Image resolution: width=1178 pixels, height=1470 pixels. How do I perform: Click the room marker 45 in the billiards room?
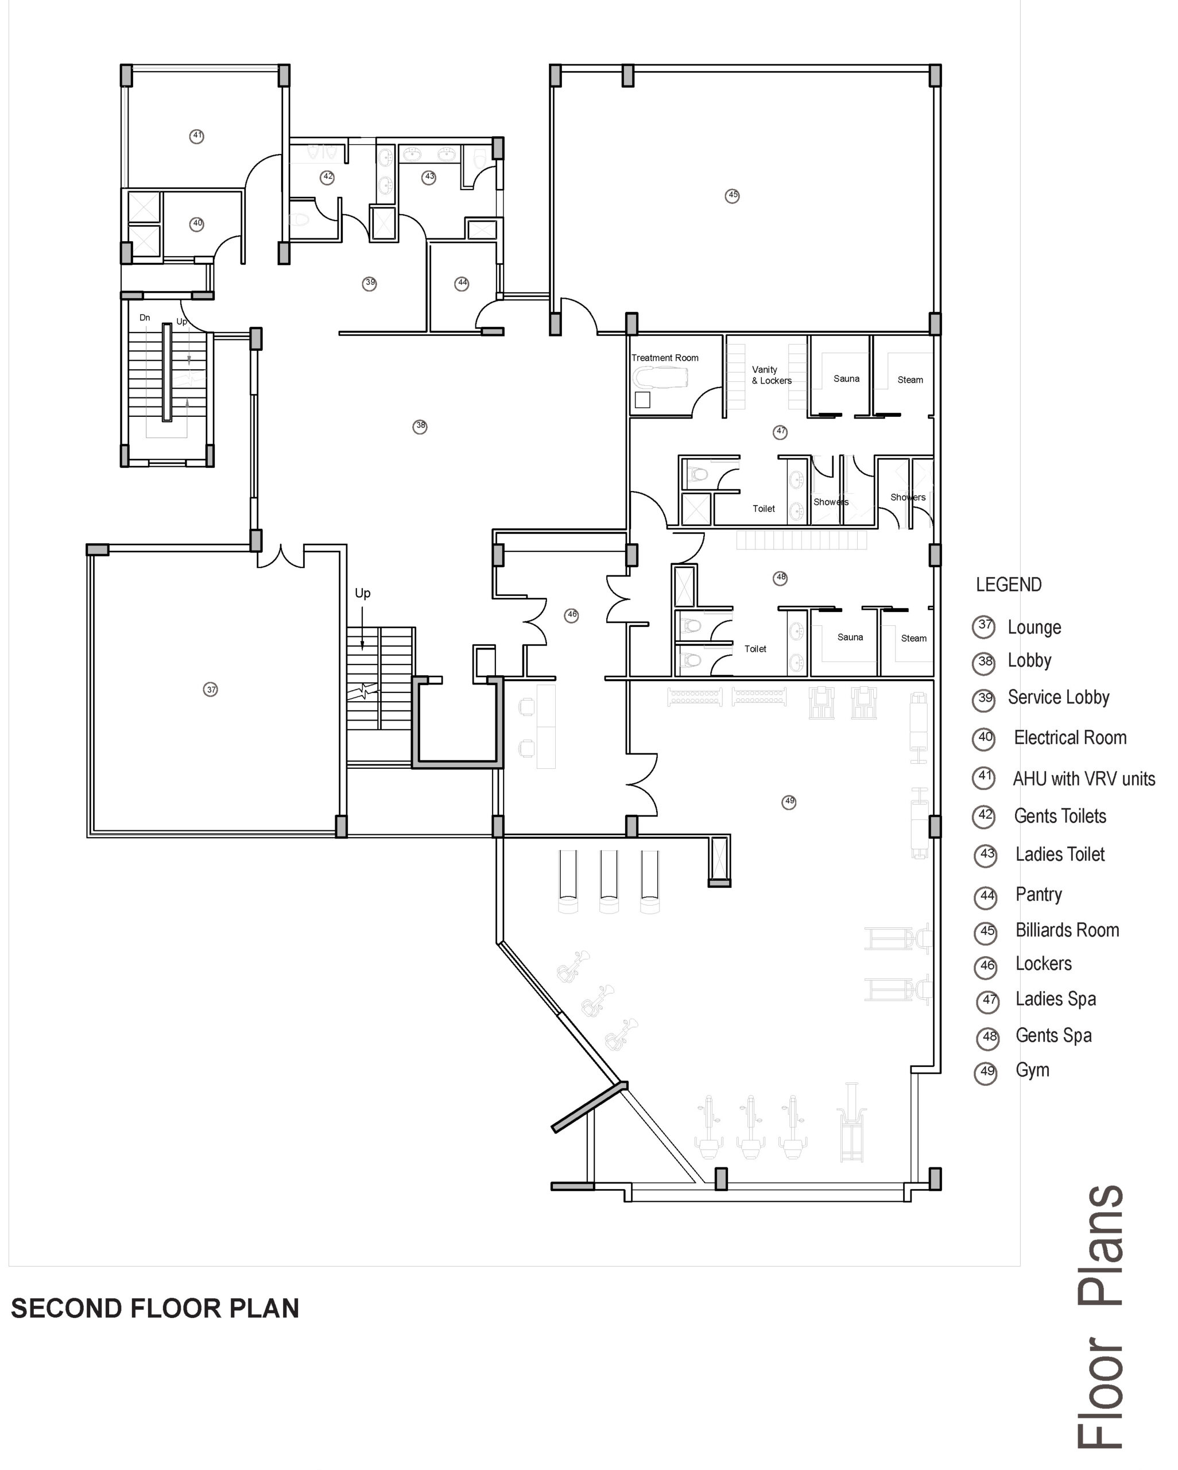[x=732, y=196]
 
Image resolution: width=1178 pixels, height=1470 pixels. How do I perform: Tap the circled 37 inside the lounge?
[x=211, y=689]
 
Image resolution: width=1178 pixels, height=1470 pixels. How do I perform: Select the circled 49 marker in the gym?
[x=789, y=802]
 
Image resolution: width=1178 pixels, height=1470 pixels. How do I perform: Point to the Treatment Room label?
[x=665, y=358]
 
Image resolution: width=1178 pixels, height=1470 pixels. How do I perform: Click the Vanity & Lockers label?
[x=772, y=375]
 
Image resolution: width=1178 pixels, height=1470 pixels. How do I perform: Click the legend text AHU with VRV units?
[x=1084, y=779]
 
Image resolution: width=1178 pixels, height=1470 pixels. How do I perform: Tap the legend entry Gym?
[x=1033, y=1070]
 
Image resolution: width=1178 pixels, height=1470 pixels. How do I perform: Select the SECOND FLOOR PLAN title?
[x=155, y=1309]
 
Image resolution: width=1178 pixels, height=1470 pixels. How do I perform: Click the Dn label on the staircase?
[x=145, y=318]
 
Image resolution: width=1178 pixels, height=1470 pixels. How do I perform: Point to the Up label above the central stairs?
[x=363, y=593]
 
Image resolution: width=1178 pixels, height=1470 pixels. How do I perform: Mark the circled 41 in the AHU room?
[x=196, y=136]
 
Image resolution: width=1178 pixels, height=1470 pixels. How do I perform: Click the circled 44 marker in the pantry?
[x=462, y=283]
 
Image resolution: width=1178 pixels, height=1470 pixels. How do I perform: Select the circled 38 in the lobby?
[x=420, y=426]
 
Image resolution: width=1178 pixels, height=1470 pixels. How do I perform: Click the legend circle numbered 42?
[x=984, y=816]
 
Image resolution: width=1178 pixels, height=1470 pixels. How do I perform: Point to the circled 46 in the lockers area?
[x=571, y=615]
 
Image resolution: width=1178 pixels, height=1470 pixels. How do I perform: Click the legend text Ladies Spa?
[x=1056, y=999]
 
